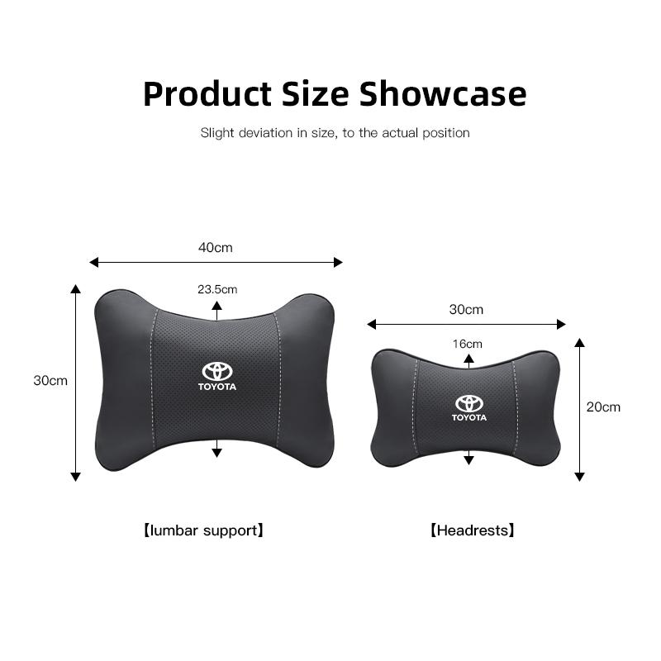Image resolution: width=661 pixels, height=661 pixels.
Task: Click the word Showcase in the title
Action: (x=442, y=93)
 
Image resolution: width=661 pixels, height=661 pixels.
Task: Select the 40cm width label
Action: (x=216, y=247)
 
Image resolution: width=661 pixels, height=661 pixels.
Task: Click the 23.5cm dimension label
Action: (x=217, y=289)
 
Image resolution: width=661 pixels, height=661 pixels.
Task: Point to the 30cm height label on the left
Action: (x=50, y=381)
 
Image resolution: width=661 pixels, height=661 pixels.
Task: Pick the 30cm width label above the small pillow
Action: (x=466, y=310)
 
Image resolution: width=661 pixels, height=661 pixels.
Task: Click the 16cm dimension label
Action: (x=468, y=344)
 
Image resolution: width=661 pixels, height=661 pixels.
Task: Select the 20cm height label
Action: (x=603, y=407)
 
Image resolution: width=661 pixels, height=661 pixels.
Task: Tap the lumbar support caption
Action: (x=203, y=530)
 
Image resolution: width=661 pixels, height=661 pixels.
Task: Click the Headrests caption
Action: (x=472, y=530)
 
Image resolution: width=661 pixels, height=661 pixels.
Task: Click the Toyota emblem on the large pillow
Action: (x=217, y=372)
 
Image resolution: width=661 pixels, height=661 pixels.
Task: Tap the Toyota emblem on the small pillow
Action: (x=468, y=403)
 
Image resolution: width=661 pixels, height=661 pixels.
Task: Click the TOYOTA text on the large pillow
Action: (x=217, y=387)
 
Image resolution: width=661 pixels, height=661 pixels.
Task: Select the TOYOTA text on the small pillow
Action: (x=468, y=417)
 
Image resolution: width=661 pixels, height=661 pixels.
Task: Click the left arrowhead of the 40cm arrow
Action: (x=93, y=263)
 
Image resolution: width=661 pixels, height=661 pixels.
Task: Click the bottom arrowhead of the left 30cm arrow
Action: (x=76, y=476)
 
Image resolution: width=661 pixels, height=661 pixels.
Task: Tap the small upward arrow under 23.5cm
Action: (x=216, y=306)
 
